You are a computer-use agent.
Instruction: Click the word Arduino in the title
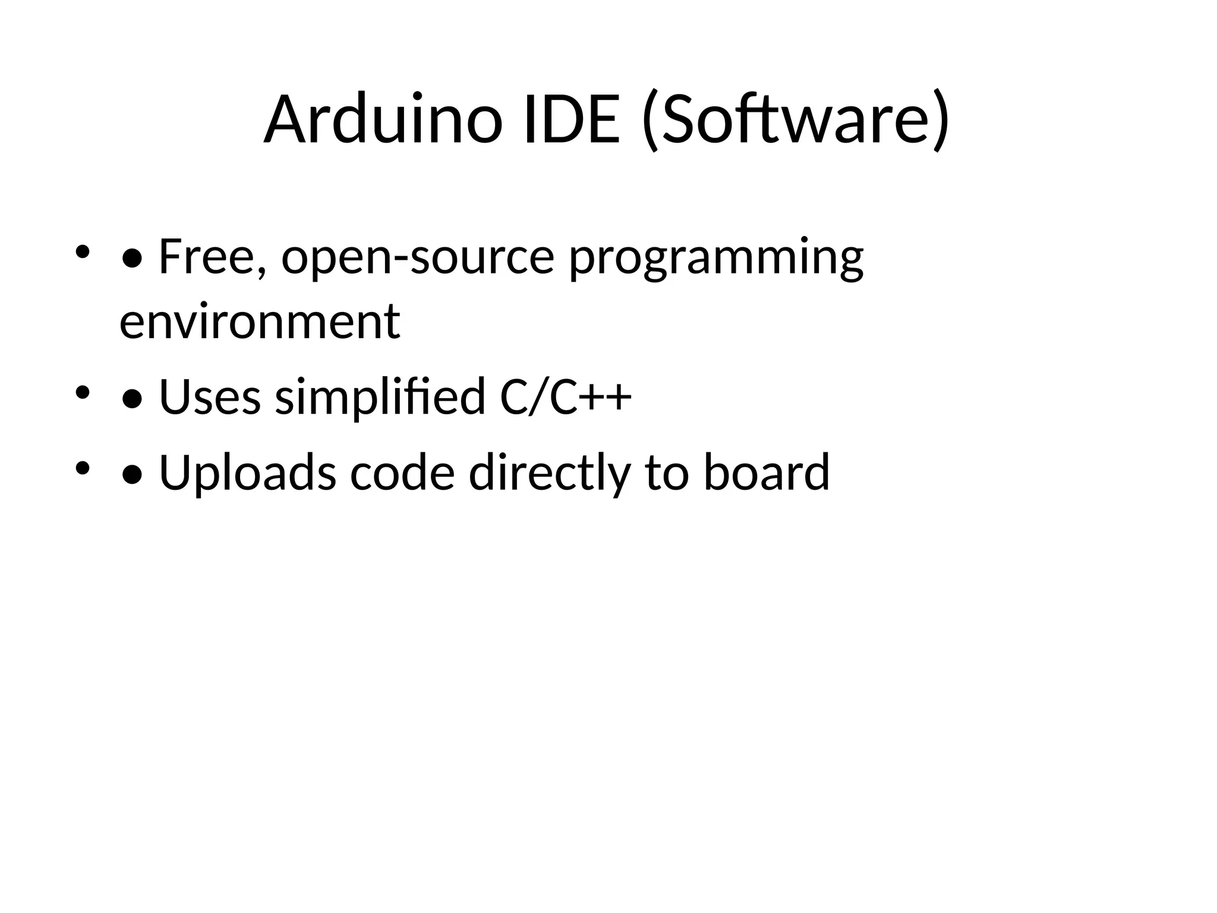[383, 120]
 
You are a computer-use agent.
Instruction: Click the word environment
[260, 322]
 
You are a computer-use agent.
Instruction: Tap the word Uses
[210, 397]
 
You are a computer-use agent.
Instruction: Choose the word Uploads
[247, 473]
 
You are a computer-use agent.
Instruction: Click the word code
[402, 473]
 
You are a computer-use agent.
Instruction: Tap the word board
[767, 473]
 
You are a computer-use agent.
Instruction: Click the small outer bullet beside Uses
[82, 392]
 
